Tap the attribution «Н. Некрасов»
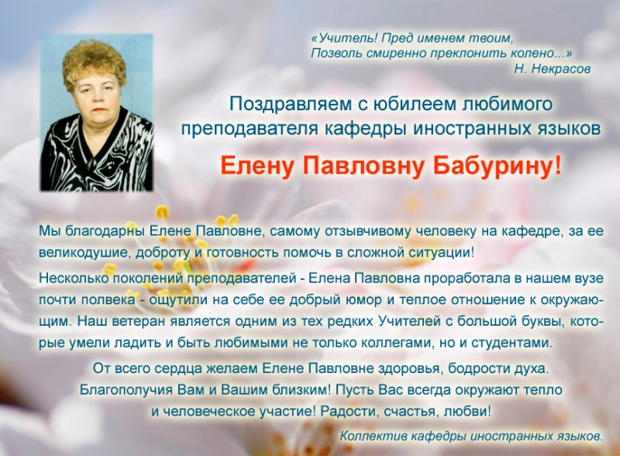click(x=553, y=69)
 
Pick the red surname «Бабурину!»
click(x=497, y=165)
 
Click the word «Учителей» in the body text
click(x=410, y=320)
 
